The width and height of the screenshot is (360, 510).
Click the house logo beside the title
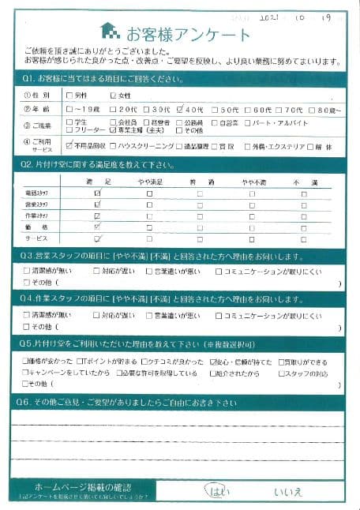coord(110,32)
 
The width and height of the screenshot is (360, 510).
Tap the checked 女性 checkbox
coord(114,96)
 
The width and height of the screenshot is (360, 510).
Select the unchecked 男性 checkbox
coord(71,96)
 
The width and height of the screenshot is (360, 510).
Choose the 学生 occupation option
coord(71,123)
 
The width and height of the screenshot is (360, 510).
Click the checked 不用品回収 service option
coord(71,146)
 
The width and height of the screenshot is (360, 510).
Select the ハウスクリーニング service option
coord(114,146)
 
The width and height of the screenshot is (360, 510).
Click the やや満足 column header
coord(148,181)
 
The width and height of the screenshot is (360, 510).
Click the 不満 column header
coord(303,181)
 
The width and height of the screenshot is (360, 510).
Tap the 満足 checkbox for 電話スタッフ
coord(97,193)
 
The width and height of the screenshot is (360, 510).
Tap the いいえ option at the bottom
coord(287,492)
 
